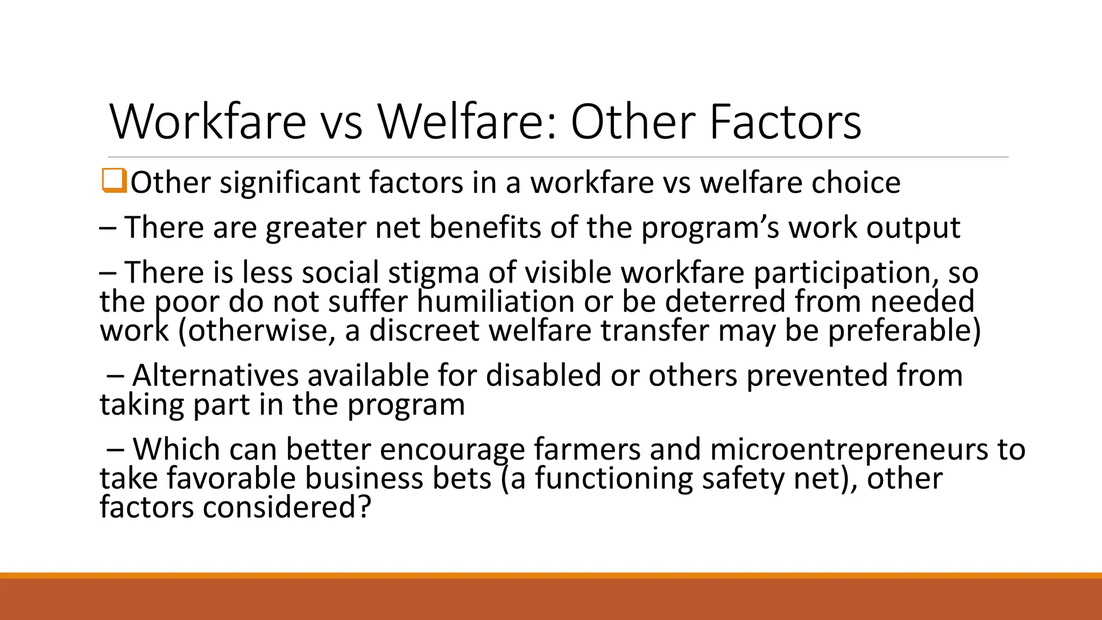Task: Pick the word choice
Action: point(856,183)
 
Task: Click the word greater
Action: point(315,228)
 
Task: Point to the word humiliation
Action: point(496,301)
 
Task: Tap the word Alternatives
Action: point(215,375)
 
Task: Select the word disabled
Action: point(543,375)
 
